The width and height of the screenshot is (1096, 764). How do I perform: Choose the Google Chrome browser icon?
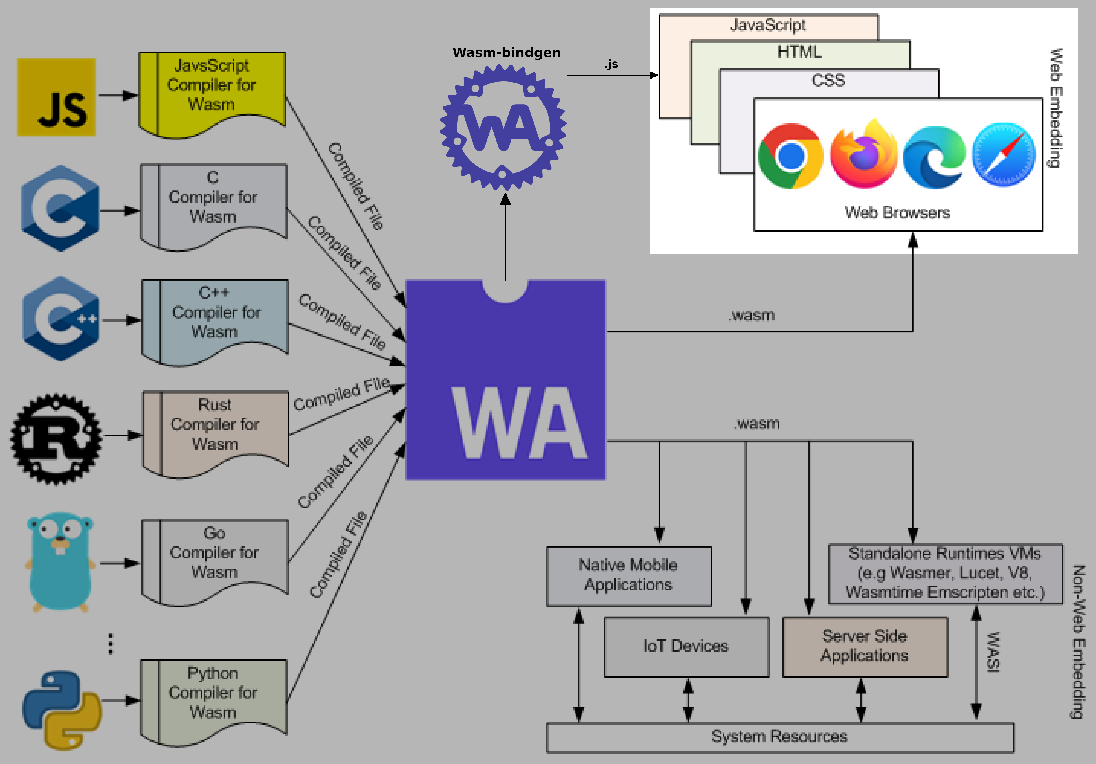click(x=791, y=156)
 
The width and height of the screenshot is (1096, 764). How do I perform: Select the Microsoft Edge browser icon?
click(x=934, y=157)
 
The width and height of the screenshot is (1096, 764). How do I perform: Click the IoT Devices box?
click(x=686, y=647)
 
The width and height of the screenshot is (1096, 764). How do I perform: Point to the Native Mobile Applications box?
click(x=628, y=576)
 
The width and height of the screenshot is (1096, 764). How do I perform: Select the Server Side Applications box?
click(x=864, y=647)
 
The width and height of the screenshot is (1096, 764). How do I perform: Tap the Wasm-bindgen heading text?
click(x=507, y=52)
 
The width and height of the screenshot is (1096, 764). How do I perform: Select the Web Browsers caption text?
click(x=897, y=212)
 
